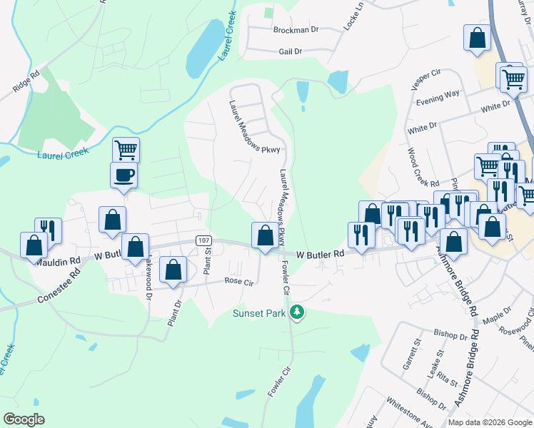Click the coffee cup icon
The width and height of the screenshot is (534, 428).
124,175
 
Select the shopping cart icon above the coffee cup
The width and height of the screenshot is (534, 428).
126,150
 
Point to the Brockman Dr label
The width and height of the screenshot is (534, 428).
296,30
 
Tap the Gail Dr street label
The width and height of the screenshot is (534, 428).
291,51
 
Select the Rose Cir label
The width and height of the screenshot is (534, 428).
239,282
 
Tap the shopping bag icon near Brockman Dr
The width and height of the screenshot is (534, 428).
477,37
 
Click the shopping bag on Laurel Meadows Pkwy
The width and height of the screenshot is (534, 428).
265,235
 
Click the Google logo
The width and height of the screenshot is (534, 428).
24,419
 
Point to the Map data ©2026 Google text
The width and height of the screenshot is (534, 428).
490,422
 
